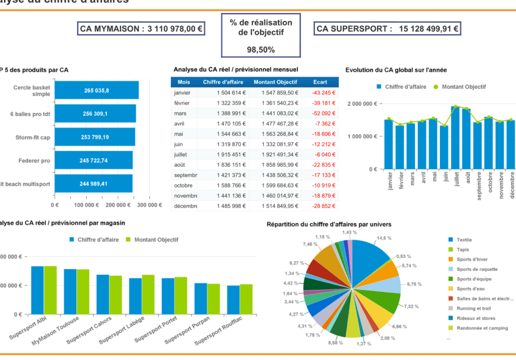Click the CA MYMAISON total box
pyautogui.click(x=141, y=29)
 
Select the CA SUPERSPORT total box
pyautogui.click(x=387, y=29)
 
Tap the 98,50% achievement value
pyautogui.click(x=261, y=49)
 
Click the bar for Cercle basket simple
pyautogui.click(x=96, y=90)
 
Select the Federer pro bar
pyautogui.click(x=93, y=160)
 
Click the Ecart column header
pyautogui.click(x=320, y=82)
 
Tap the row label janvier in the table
pyautogui.click(x=182, y=93)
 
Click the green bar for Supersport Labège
pyautogui.click(x=148, y=294)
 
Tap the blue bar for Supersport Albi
pyautogui.click(x=37, y=290)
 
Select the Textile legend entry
pyautogui.click(x=464, y=239)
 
